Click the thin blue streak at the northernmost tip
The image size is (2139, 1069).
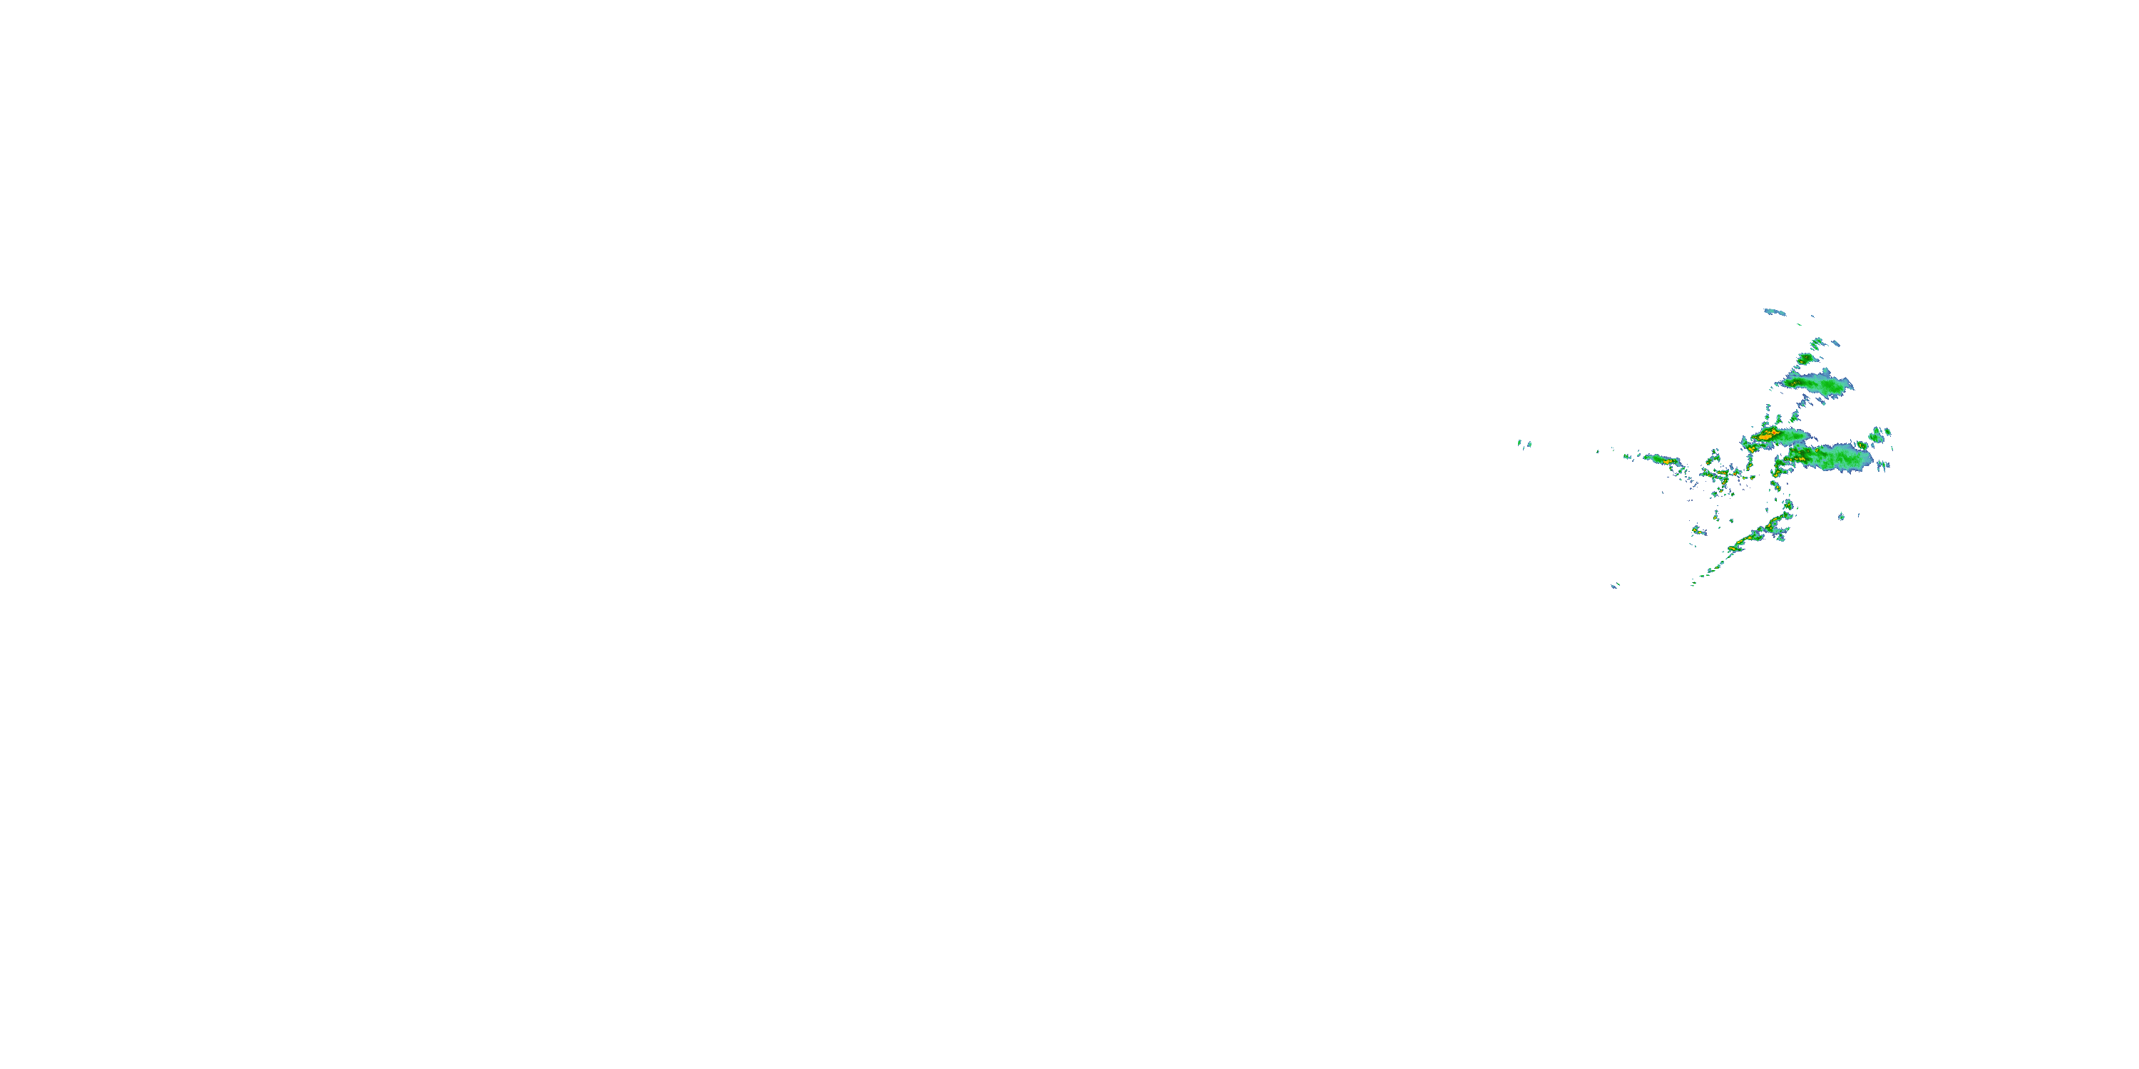coord(1775,312)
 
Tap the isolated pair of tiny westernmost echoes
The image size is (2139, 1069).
coord(1524,444)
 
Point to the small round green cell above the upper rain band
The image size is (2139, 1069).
coord(1805,359)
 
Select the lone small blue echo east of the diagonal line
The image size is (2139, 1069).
coord(1841,516)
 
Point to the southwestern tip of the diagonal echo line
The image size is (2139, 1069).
coord(1694,583)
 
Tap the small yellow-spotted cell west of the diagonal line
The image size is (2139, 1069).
coord(1698,530)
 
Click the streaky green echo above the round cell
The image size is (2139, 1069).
coord(1817,342)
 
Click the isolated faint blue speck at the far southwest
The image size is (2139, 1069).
coord(1615,586)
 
